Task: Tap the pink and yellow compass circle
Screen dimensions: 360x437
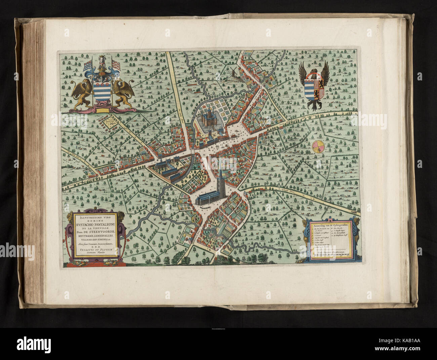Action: tap(318, 146)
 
